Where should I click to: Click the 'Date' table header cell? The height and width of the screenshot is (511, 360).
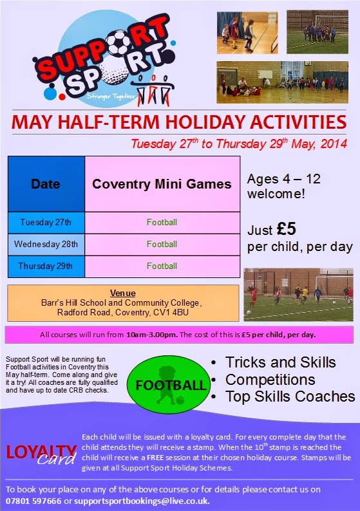tap(46, 184)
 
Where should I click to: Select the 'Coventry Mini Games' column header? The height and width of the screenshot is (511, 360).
tap(162, 184)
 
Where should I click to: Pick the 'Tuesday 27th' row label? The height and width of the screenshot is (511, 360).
tap(46, 222)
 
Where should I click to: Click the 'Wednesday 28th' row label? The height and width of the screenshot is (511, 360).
tap(46, 244)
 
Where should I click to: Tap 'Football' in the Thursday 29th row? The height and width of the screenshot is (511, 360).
tap(162, 266)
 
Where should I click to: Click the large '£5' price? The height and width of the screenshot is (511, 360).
tap(287, 228)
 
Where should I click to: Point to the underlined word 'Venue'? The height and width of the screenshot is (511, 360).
tap(123, 293)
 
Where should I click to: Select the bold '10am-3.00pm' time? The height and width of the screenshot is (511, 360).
tap(152, 335)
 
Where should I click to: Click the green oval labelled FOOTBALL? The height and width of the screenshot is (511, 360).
tap(169, 385)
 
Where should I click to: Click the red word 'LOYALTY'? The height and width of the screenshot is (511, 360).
tap(41, 452)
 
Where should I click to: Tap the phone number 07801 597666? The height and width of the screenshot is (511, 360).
tap(33, 501)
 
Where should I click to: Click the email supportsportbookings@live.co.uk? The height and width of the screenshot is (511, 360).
tap(141, 501)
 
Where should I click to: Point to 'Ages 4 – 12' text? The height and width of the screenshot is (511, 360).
tap(284, 179)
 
